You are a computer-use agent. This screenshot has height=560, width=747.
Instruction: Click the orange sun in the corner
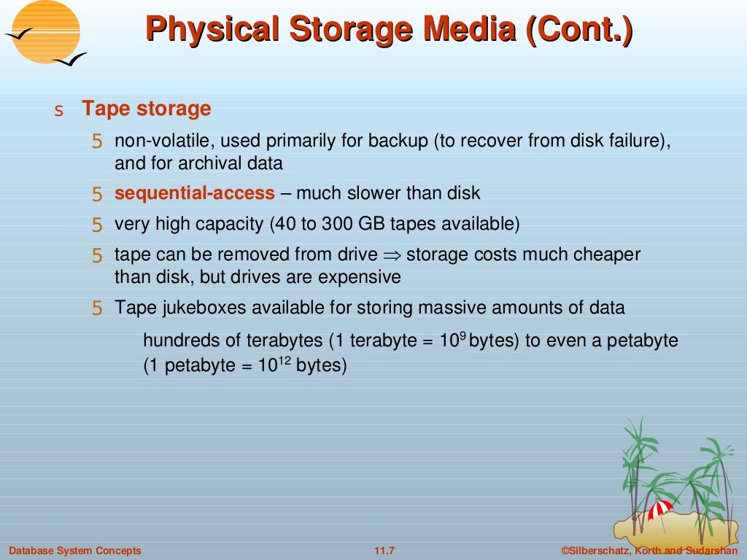coord(46,31)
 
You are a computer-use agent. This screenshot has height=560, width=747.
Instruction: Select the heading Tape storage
coord(146,109)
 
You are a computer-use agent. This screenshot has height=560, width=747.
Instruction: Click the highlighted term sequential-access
coord(195,193)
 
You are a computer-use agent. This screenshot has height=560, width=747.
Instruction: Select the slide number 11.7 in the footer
coord(384,551)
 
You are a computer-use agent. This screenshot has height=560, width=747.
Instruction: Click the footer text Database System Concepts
coord(75,551)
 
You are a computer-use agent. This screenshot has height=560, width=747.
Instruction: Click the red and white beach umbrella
coord(661,509)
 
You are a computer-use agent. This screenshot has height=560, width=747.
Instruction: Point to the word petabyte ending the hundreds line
coord(643,341)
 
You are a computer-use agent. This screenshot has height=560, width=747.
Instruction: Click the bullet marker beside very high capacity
coord(97,225)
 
